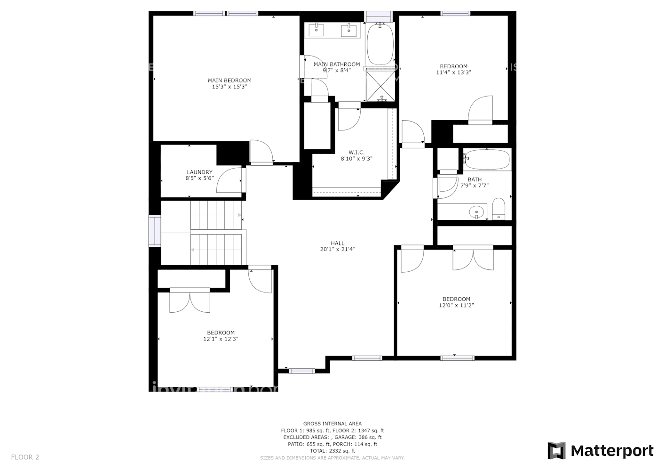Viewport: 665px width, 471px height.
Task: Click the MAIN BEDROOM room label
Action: (x=230, y=81)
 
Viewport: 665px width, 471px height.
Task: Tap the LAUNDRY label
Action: (x=199, y=172)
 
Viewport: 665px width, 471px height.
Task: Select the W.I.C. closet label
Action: (x=356, y=153)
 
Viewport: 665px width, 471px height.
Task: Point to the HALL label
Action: (x=337, y=244)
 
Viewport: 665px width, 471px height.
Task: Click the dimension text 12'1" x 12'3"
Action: (x=221, y=339)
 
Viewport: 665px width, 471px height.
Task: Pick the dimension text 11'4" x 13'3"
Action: (x=453, y=73)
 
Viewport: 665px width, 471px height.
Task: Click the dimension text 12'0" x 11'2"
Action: (x=456, y=305)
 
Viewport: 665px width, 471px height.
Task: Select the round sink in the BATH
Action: (x=477, y=212)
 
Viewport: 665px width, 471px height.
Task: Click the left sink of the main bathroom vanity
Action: (x=317, y=31)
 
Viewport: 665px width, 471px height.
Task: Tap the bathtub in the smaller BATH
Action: (x=487, y=160)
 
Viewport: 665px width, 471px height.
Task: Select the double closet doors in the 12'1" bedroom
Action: (x=190, y=301)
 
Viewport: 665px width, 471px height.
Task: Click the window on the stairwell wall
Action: (x=155, y=231)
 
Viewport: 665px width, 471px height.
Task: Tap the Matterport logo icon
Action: (x=556, y=451)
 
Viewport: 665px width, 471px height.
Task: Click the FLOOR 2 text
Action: (x=25, y=457)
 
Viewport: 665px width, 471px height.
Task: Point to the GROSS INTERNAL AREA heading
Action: (x=332, y=424)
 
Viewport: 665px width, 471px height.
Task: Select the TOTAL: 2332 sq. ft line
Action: (x=332, y=451)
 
